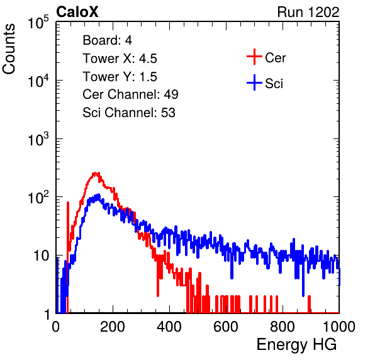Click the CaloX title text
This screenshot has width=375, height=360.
tap(77, 12)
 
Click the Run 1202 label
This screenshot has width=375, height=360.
tap(308, 12)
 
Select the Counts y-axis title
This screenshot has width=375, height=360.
tap(9, 49)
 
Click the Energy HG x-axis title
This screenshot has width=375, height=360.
tap(296, 345)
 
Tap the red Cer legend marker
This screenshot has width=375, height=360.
tap(254, 57)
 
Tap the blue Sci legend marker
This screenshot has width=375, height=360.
tap(254, 83)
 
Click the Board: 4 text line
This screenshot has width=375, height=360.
tap(107, 40)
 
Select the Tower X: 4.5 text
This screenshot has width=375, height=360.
tap(120, 59)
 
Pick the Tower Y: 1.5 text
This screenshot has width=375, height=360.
tap(120, 77)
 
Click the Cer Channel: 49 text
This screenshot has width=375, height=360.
tap(130, 94)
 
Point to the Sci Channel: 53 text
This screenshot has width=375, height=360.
tap(129, 113)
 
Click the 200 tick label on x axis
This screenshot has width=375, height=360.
tap(113, 327)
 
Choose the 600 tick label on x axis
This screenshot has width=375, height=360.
tap(226, 327)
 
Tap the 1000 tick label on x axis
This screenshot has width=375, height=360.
tap(339, 327)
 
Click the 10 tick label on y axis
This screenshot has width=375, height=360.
tap(41, 256)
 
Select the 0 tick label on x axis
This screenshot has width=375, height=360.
tap(55, 327)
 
